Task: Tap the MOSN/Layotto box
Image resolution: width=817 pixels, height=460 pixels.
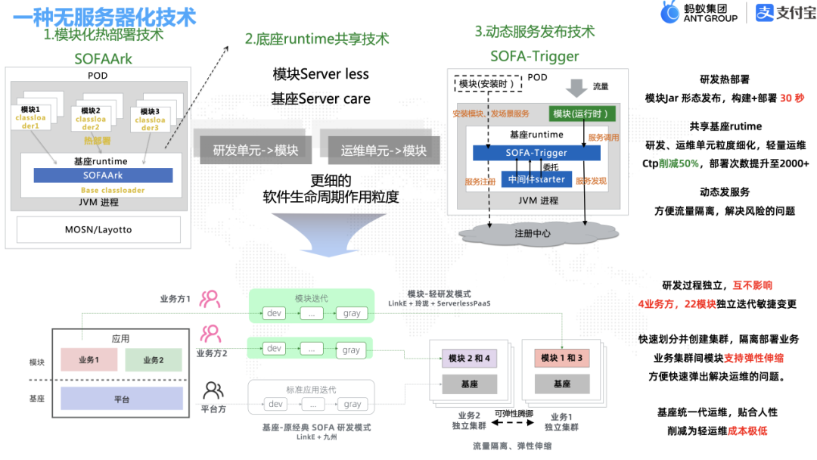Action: [99, 229]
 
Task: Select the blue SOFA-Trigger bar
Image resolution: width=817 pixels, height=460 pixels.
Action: [536, 153]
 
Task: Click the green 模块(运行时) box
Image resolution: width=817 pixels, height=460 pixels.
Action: [582, 113]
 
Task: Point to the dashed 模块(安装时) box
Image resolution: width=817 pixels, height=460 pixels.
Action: [487, 83]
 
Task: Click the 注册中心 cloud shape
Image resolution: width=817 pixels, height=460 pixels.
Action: [532, 232]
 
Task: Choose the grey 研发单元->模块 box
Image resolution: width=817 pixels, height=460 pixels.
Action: [250, 150]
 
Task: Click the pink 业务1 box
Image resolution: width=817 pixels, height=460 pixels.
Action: [89, 360]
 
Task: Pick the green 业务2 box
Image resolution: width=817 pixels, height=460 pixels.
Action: [153, 360]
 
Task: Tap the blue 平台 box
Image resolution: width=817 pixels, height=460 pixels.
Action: [121, 398]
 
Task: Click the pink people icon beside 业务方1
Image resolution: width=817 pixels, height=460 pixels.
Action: [210, 298]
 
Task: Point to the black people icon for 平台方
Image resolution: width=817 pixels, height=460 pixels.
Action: [213, 390]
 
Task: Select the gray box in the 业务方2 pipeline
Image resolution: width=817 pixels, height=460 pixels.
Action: [351, 350]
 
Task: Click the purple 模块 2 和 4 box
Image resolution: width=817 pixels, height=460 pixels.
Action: [469, 358]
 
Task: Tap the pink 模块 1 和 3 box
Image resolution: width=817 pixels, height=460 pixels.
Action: [561, 358]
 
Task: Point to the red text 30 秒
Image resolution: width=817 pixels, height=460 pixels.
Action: [792, 98]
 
